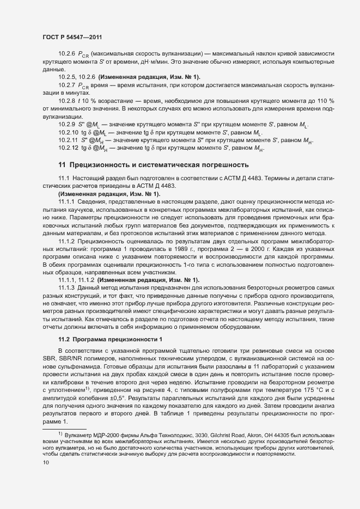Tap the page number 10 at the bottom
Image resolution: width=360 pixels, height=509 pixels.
coord(46,463)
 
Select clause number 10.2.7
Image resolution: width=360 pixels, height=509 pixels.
coord(67,86)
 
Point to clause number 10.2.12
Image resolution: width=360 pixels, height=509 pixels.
coord(69,148)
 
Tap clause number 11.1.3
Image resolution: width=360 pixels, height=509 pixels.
coord(67,287)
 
